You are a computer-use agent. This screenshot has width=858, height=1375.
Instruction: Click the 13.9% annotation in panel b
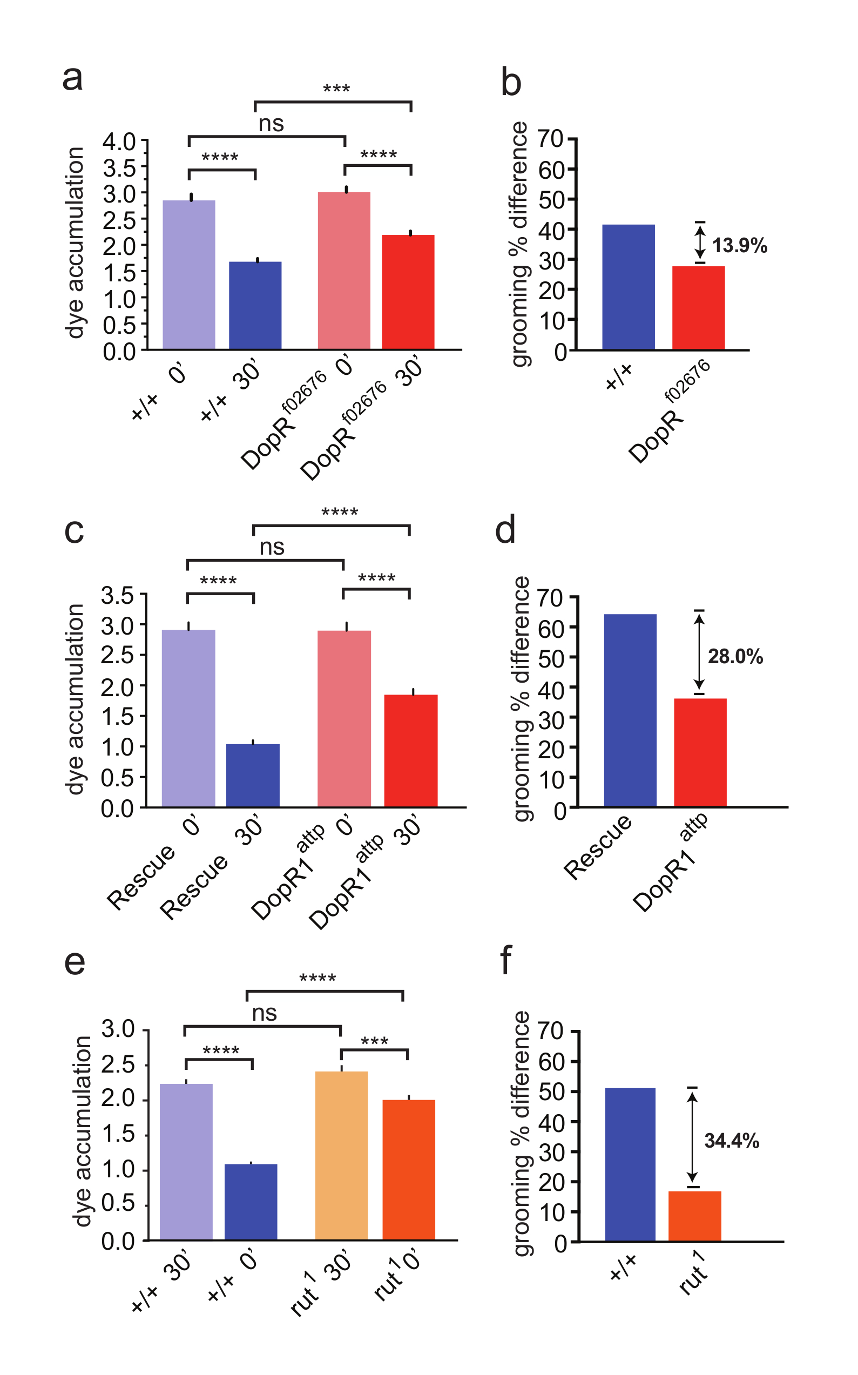[x=739, y=246]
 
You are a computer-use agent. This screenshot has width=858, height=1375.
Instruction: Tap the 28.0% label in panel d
[x=735, y=657]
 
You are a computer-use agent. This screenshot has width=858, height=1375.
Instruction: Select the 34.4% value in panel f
[x=732, y=1141]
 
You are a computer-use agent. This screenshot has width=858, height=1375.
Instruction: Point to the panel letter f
[x=505, y=960]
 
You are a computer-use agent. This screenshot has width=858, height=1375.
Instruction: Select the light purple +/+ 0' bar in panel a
[x=189, y=275]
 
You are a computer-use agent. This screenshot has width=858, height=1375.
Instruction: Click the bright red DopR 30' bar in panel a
[x=408, y=292]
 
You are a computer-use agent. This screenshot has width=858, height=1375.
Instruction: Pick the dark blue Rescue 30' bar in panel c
[x=253, y=775]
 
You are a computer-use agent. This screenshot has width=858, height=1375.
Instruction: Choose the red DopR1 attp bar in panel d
[x=700, y=752]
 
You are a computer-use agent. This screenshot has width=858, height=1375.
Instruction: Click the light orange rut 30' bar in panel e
[x=341, y=1155]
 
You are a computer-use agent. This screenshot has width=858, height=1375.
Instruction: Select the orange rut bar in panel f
[x=694, y=1216]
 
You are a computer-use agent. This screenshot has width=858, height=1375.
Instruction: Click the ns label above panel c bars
[x=272, y=547]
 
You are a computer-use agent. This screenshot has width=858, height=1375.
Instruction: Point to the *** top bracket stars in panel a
[x=336, y=89]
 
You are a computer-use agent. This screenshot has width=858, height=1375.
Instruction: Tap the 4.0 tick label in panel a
[x=119, y=141]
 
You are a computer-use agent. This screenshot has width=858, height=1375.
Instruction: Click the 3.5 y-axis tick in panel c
[x=118, y=595]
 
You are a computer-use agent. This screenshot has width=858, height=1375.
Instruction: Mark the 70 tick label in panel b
[x=550, y=138]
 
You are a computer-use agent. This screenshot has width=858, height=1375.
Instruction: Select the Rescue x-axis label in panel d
[x=597, y=847]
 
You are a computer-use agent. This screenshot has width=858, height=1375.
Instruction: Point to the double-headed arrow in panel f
[x=692, y=1137]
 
